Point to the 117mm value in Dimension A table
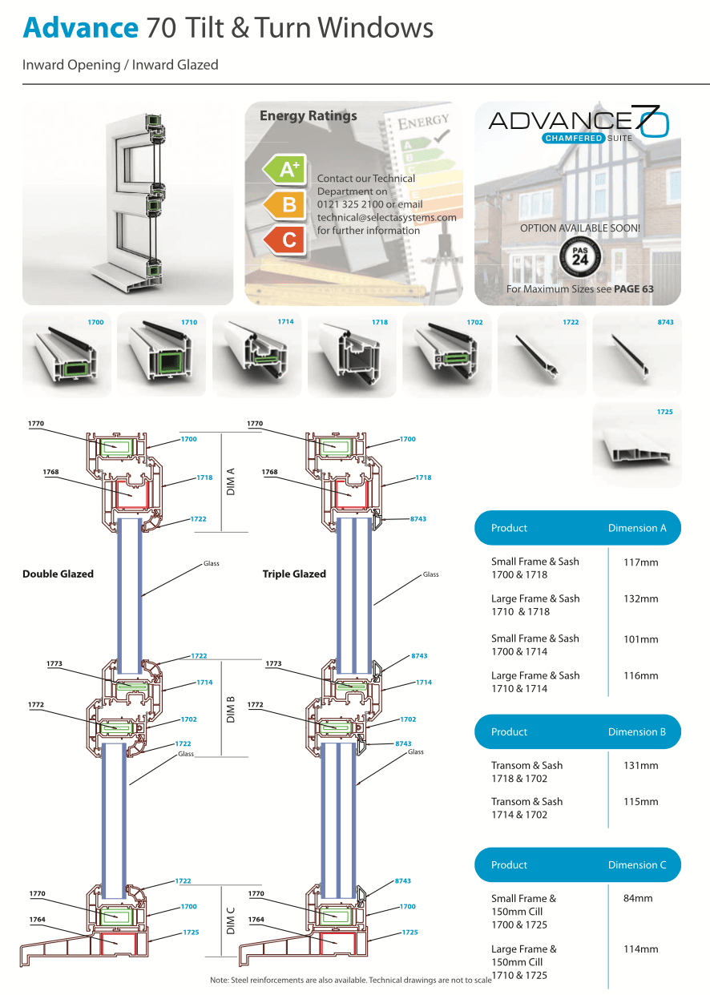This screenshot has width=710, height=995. [x=640, y=562]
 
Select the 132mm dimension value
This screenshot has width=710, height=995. [x=640, y=599]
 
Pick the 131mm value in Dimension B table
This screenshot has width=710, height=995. [x=640, y=766]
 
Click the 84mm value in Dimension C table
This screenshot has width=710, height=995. [x=638, y=899]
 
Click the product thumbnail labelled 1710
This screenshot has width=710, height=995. [x=162, y=355]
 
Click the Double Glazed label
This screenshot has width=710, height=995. [x=58, y=574]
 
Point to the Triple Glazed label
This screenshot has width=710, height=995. [x=294, y=574]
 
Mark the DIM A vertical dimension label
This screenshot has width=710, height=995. [x=232, y=481]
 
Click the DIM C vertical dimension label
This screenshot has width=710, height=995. [x=232, y=920]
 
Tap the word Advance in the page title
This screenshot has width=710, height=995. [x=80, y=28]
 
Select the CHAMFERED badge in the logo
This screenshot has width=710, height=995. [x=572, y=139]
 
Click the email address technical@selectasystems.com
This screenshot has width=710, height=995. [x=386, y=217]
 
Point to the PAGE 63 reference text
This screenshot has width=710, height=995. [x=633, y=289]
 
